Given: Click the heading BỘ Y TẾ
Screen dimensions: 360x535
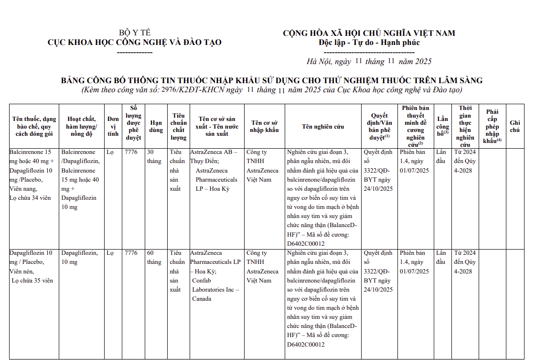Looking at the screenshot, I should [135, 33].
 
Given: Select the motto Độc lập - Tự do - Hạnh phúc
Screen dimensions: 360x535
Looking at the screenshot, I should [369, 43].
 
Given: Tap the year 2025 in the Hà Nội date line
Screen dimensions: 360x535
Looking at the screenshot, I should [423, 61].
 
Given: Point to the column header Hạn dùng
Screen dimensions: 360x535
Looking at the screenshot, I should [156, 126].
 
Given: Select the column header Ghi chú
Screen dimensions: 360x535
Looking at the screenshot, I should [515, 126].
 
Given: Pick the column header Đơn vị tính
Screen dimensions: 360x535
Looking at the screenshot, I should [113, 126].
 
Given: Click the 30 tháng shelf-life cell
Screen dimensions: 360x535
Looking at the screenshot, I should [154, 157].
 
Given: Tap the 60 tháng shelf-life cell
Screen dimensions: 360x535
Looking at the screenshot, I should [154, 257].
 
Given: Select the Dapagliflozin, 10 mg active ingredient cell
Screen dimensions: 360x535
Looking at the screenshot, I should [80, 257].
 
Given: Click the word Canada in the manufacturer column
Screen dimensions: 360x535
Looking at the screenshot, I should [202, 299].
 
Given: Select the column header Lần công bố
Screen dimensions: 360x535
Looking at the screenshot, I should [443, 126].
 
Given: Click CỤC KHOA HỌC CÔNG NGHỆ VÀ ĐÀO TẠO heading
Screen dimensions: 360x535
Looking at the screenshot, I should [135, 43].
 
